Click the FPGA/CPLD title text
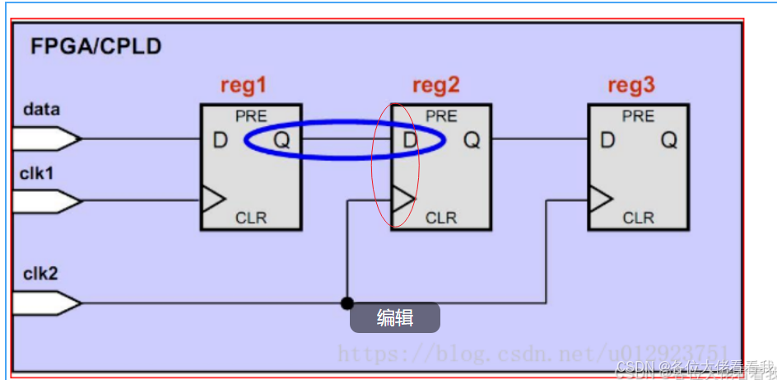coord(95,46)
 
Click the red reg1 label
coord(244,86)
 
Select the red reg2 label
coord(436,86)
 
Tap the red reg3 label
coord(632,86)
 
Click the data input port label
coord(41,109)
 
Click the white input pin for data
coord(46,138)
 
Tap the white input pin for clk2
coord(46,303)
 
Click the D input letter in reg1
coord(220,140)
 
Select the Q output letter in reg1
coord(282,140)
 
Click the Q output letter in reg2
coord(472,140)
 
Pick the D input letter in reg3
coord(607,140)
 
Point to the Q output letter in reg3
coord(669,140)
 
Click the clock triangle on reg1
coord(212,199)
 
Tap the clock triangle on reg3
coord(599,199)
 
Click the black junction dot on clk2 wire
coord(347,303)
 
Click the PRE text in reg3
coord(638,116)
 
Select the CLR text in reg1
coord(251,218)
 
